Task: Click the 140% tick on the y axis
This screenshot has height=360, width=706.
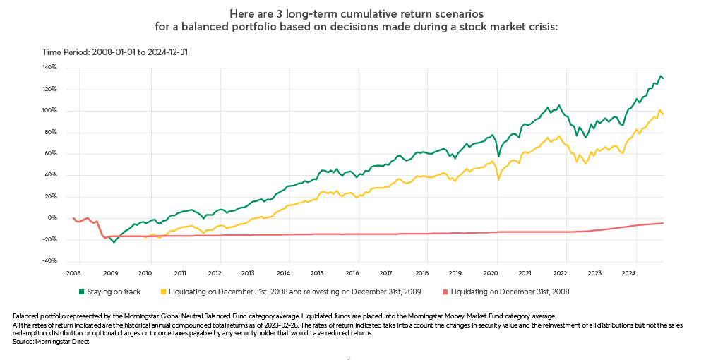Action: (x=50, y=68)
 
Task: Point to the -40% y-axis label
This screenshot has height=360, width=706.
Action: (x=49, y=260)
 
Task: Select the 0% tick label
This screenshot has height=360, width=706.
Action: (x=53, y=217)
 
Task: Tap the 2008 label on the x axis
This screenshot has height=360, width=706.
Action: (x=74, y=272)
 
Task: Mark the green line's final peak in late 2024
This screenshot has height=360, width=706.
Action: (x=661, y=76)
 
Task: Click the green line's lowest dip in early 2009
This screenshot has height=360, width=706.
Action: (x=114, y=242)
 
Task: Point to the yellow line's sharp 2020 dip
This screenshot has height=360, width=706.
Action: (x=498, y=179)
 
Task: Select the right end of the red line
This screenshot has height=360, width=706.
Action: (x=663, y=223)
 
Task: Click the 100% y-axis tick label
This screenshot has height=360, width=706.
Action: (x=50, y=111)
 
